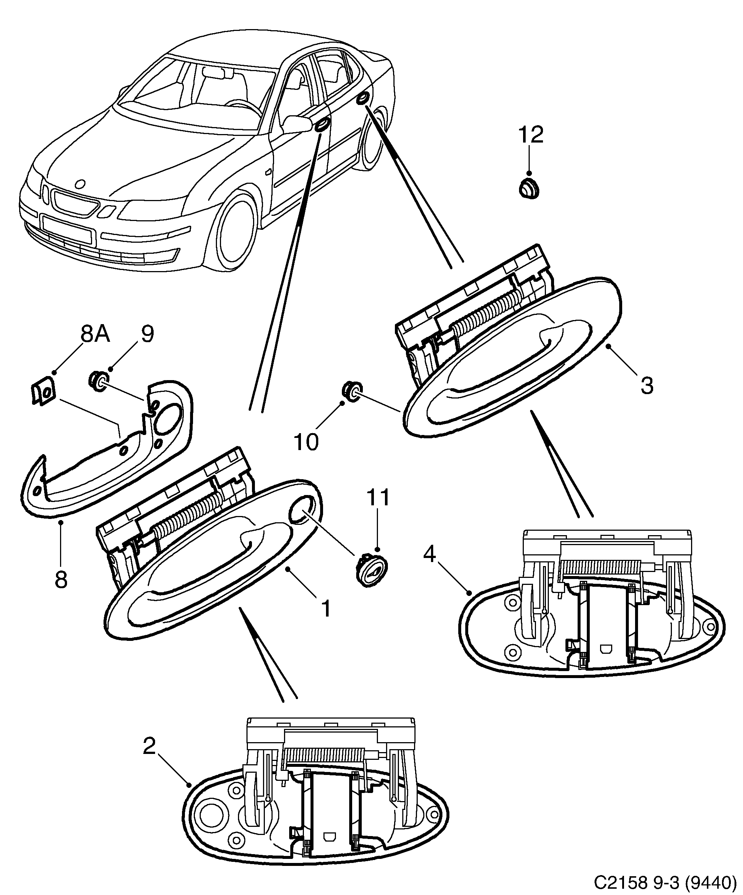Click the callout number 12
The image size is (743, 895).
pyautogui.click(x=531, y=135)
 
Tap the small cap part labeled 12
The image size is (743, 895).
pyautogui.click(x=529, y=189)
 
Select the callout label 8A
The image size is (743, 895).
pyautogui.click(x=95, y=334)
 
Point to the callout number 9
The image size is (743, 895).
pyautogui.click(x=147, y=334)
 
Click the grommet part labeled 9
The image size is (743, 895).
pyautogui.click(x=98, y=381)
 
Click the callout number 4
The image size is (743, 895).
pyautogui.click(x=429, y=554)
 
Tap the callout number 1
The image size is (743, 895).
pyautogui.click(x=326, y=608)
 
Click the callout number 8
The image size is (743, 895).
pyautogui.click(x=61, y=580)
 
